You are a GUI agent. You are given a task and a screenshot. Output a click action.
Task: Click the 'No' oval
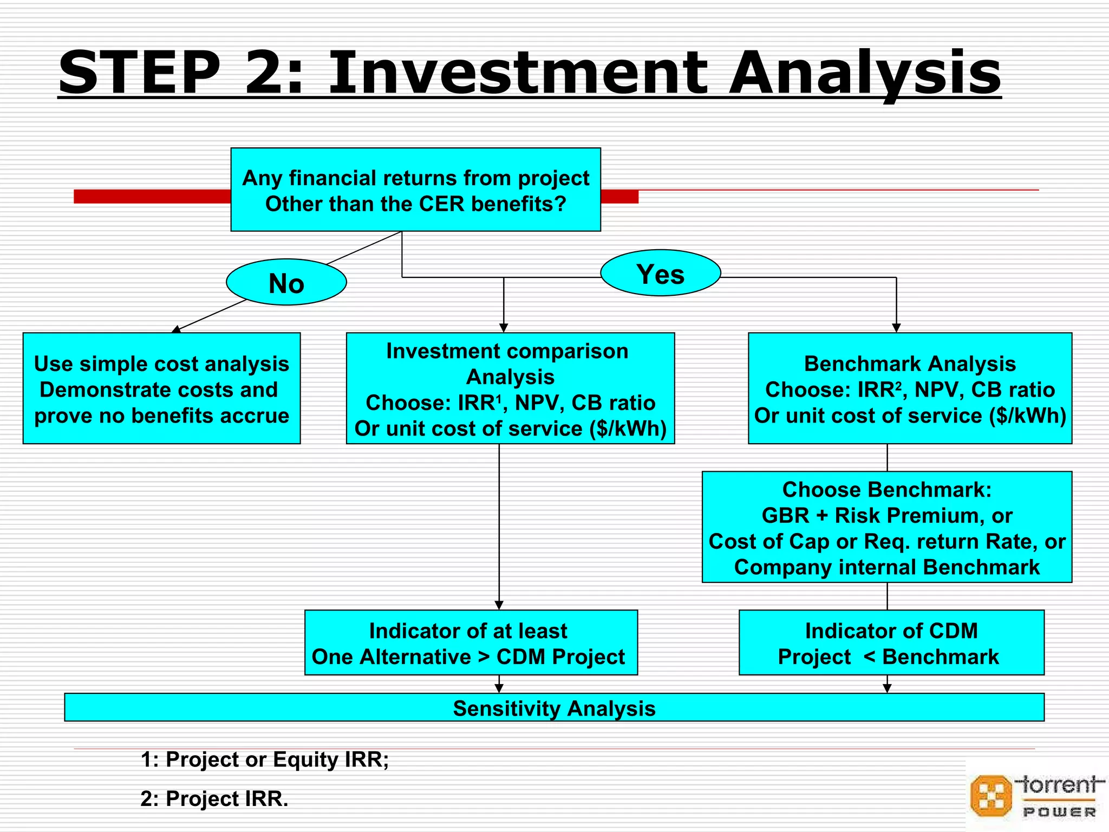tap(286, 283)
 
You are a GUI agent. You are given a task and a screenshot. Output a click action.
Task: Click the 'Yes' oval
tap(660, 274)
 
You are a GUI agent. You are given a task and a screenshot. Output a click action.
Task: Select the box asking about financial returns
tap(415, 190)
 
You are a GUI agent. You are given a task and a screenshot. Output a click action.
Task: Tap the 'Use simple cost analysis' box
tap(161, 388)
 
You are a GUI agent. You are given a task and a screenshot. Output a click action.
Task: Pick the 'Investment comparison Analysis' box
tap(510, 388)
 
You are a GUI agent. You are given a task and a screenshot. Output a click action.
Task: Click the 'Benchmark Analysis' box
tap(910, 388)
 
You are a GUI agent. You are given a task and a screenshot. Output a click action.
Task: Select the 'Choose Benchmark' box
tap(886, 527)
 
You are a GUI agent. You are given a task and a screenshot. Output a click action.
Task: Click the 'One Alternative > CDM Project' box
tap(471, 643)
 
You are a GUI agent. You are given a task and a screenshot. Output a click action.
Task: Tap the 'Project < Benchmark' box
tap(891, 643)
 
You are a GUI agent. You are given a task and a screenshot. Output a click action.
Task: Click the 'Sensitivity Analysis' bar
tap(554, 708)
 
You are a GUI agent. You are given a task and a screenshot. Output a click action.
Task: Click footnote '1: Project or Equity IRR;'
tap(265, 759)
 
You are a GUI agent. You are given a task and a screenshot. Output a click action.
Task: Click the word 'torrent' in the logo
tap(1059, 784)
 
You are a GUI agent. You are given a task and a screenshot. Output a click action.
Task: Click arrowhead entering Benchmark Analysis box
tap(896, 328)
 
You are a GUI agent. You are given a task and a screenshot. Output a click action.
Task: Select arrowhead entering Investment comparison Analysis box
tap(504, 328)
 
